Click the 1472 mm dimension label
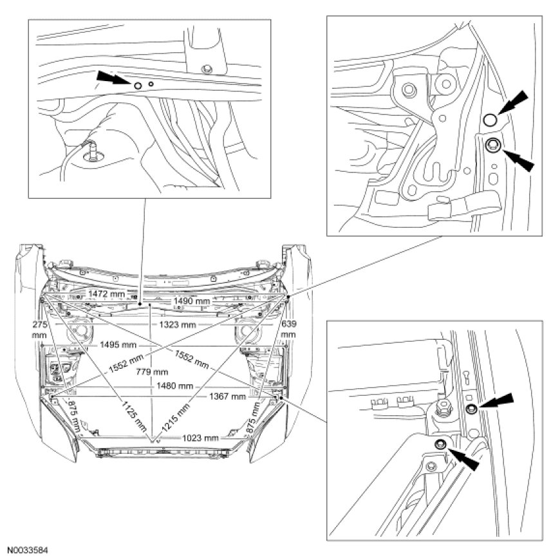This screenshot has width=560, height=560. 104,293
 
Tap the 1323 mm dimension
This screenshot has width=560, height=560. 178,325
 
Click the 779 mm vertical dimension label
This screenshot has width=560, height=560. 152,371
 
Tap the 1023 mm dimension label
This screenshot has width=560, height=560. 200,438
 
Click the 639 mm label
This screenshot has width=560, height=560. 288,330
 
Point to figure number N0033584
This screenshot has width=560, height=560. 28,551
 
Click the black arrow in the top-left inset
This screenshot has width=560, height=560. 111,79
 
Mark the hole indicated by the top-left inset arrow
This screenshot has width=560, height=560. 138,84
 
